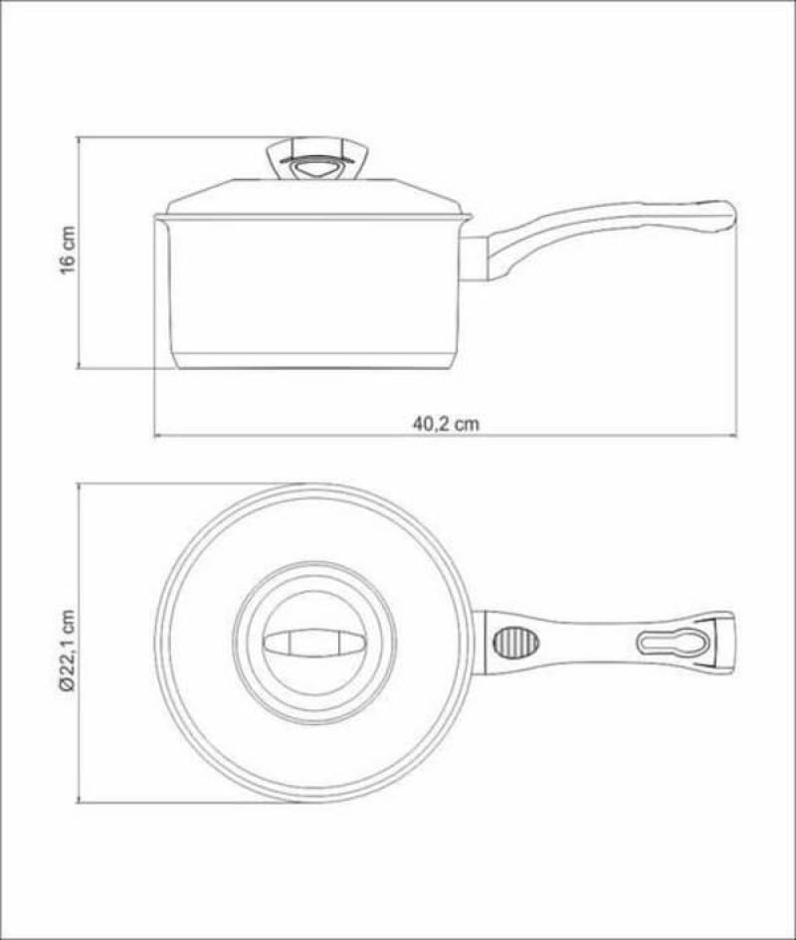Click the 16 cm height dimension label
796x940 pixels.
68,250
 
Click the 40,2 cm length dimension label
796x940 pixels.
446,424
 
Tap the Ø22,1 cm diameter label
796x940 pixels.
68,652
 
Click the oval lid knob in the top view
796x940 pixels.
314,644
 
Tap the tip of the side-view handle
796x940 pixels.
733,214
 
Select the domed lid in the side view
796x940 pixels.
313,197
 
